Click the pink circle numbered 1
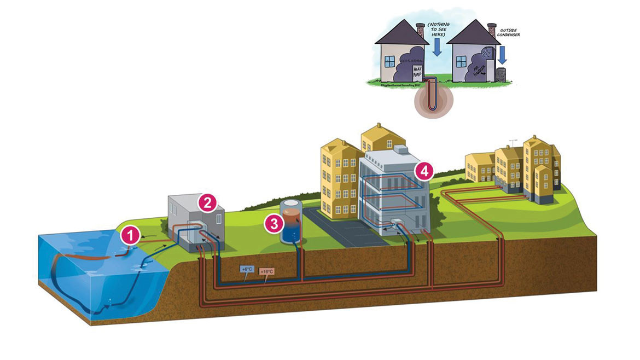[130, 235]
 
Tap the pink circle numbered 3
[273, 222]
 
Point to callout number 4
[423, 171]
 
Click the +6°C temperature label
[247, 269]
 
